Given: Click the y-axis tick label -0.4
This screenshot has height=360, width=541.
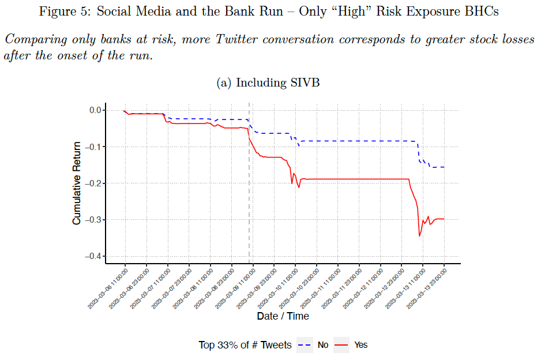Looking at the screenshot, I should point(92,256).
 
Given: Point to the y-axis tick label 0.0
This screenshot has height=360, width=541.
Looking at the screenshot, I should point(95,110).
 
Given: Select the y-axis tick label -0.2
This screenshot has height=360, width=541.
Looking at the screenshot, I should point(92,183).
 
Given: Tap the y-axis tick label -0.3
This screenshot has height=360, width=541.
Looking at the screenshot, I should point(92,220).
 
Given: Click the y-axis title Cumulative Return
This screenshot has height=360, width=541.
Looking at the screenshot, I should point(76,183).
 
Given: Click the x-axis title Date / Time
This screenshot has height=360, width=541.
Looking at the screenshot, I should point(283,316).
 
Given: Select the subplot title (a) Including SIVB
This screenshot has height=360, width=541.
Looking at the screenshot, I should point(268,83).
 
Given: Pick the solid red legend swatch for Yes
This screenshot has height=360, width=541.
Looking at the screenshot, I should point(341,345).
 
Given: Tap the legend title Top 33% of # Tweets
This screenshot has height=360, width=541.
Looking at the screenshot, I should point(245,345).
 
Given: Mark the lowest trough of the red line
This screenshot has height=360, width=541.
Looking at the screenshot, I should point(419,236).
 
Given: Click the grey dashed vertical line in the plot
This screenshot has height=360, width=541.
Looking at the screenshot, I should point(249,185).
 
